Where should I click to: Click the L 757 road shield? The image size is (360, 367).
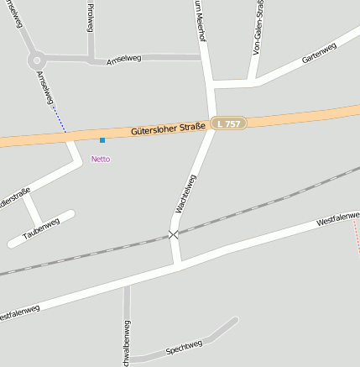coord(228,123)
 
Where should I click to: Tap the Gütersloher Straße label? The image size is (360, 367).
coord(169,129)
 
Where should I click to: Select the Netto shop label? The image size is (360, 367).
coord(101,159)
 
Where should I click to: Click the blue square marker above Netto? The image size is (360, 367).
coord(102,139)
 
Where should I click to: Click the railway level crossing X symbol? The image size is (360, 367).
coord(174,234)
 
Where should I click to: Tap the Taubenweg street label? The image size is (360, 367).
coord(41,228)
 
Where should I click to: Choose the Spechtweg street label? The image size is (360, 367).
coord(185,345)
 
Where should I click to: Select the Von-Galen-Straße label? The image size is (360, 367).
coord(258,29)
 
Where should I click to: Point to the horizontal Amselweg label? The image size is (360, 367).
coord(124,60)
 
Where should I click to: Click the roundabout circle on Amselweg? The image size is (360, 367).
coord(36,60)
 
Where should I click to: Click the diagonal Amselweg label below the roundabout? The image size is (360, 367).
coord(45,87)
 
